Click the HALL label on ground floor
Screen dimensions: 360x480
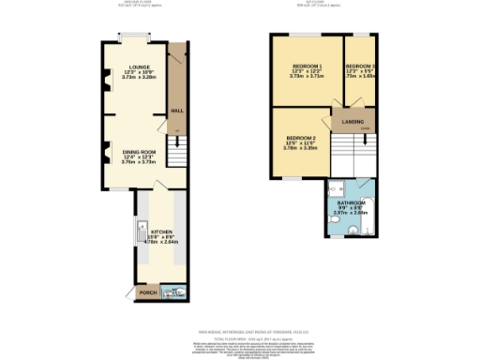(x=177, y=110)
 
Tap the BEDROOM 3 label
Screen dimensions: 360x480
(x=360, y=67)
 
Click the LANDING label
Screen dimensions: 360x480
(x=352, y=120)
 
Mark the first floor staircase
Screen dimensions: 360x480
(x=354, y=152)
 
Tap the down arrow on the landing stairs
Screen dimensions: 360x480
(x=367, y=129)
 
